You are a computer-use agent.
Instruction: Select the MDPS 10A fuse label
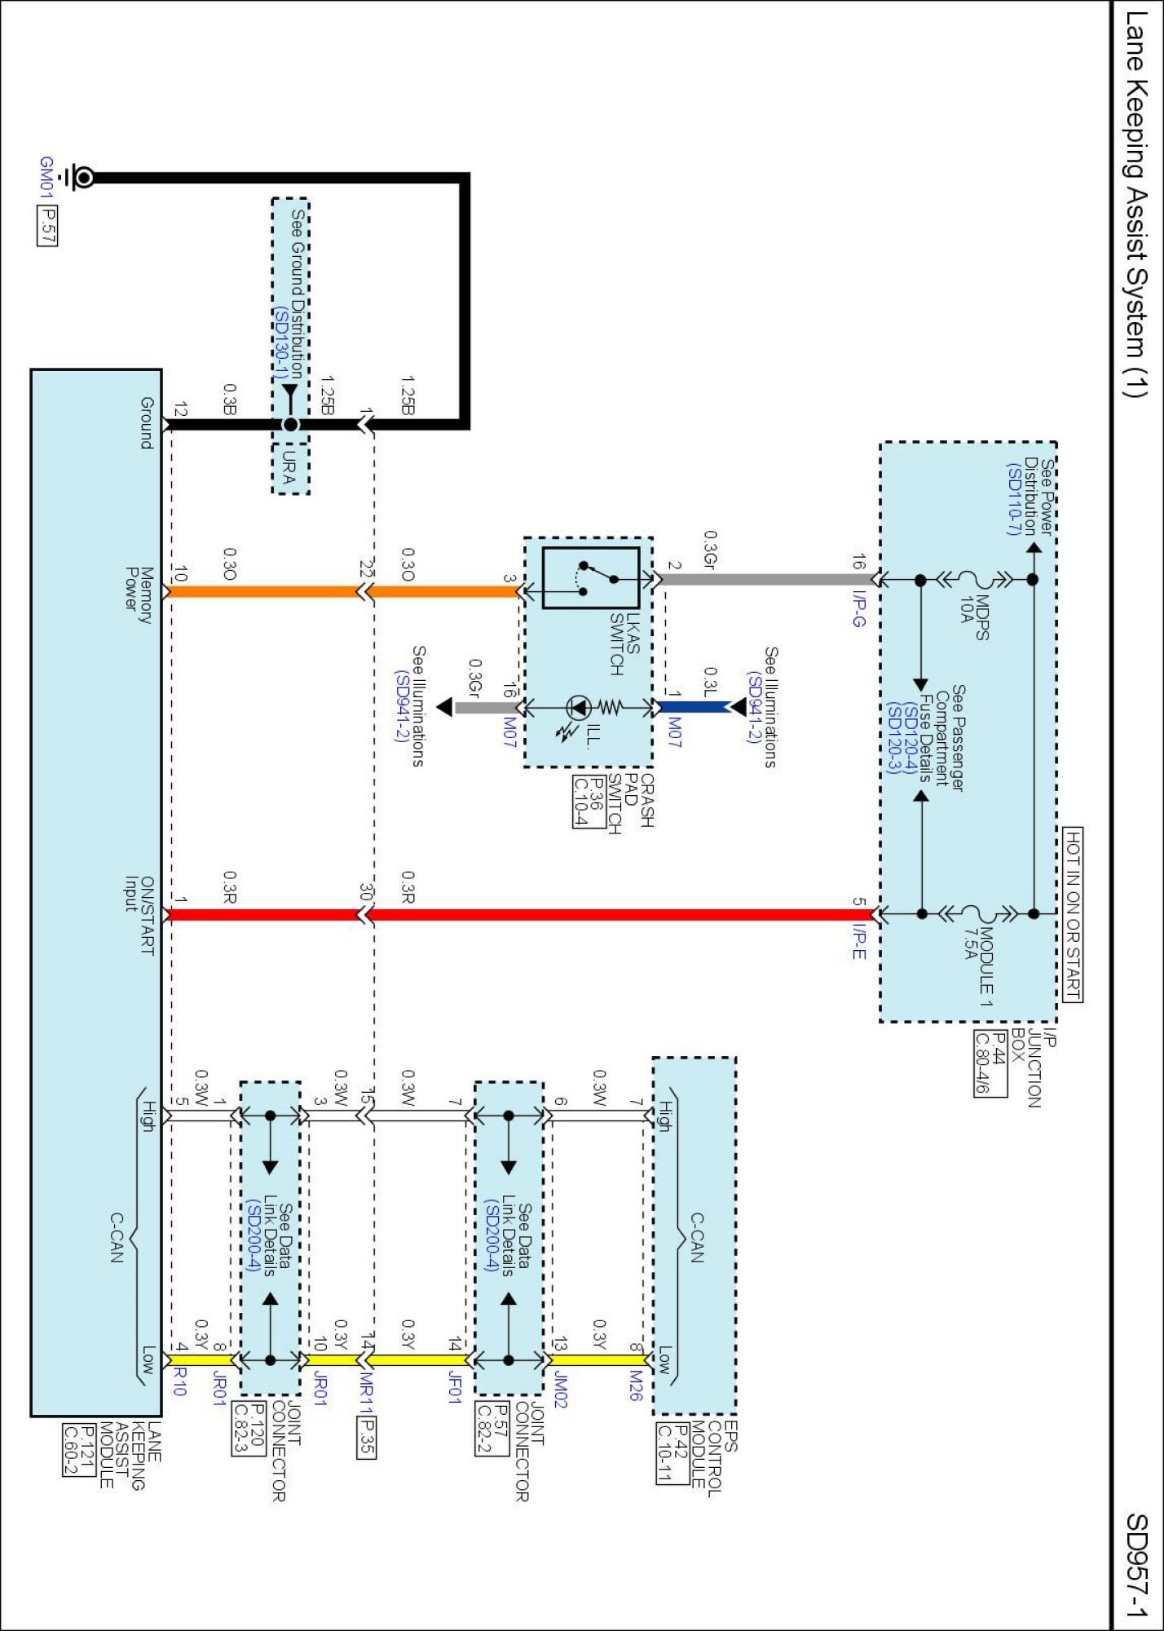point(974,617)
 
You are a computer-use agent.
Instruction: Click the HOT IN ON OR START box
point(1073,913)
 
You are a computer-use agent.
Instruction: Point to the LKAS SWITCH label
point(624,644)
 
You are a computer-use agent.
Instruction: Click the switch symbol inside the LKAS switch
point(591,578)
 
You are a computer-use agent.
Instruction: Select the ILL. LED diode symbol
point(578,707)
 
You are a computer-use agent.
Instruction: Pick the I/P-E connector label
point(859,941)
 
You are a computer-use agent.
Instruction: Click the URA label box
point(290,469)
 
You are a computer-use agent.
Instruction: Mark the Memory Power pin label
point(139,595)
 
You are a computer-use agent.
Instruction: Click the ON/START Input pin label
point(139,916)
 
